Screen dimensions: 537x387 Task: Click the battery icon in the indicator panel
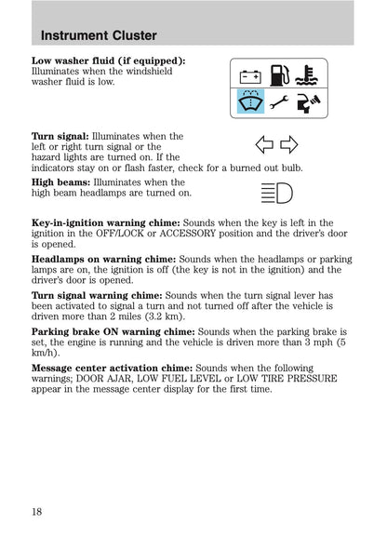point(249,74)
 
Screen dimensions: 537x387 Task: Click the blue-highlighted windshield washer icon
point(249,101)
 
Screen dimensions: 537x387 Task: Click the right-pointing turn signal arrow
point(287,144)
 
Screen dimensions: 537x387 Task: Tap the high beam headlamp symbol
point(276,195)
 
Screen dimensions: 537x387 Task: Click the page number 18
point(36,511)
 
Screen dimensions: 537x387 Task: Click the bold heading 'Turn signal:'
point(60,136)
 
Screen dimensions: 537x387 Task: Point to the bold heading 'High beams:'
point(60,182)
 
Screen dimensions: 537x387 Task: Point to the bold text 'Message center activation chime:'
point(112,368)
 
